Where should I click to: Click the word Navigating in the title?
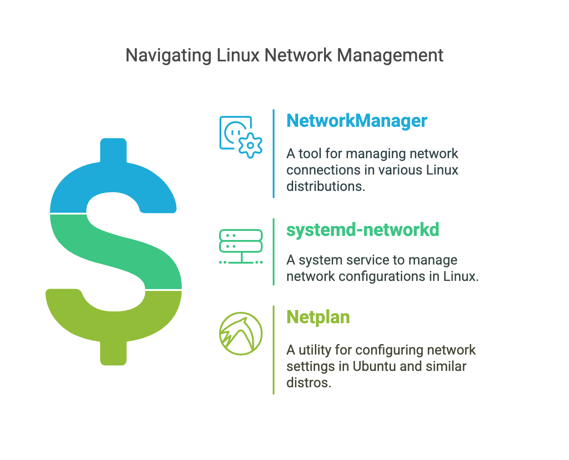pos(169,55)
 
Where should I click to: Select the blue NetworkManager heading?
pos(357,121)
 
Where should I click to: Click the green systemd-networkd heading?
pos(363,230)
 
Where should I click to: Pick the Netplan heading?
pos(318,317)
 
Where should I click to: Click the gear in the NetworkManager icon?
pos(250,146)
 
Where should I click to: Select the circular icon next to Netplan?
pos(241,334)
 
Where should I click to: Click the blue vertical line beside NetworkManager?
pos(274,154)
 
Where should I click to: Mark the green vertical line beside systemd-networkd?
pos(274,252)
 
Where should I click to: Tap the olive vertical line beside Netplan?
pos(274,350)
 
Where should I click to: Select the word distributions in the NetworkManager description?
pos(325,186)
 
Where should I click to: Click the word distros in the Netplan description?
pos(308,383)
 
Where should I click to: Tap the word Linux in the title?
pos(238,55)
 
